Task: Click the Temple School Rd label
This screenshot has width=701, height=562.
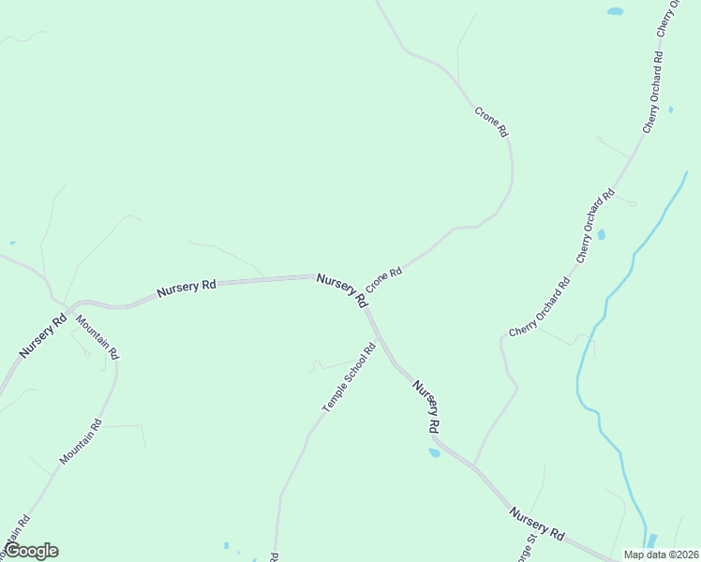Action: (x=349, y=377)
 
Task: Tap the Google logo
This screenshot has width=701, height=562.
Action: (x=31, y=551)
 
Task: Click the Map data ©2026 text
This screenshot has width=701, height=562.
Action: (x=661, y=554)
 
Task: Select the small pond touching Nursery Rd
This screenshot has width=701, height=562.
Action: (x=434, y=453)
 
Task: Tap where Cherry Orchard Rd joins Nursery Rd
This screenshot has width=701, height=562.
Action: (x=473, y=466)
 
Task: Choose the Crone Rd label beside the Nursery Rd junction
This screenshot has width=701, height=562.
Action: (x=384, y=279)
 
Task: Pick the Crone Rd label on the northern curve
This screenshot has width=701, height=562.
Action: (x=491, y=123)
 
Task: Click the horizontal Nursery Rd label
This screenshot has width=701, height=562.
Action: (x=186, y=287)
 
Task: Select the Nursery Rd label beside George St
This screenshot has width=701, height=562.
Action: (x=537, y=524)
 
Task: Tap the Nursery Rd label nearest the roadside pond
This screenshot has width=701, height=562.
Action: (x=426, y=407)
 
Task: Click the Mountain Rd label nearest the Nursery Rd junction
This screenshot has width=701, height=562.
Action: (x=97, y=337)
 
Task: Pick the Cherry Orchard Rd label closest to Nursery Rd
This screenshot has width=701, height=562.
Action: (x=539, y=308)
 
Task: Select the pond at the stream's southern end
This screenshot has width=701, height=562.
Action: (x=650, y=541)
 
